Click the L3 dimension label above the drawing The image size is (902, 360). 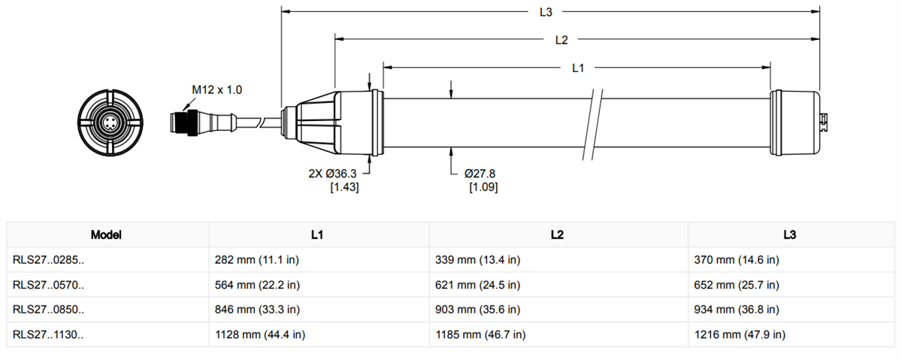click(546, 12)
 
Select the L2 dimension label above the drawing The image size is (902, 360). click(561, 39)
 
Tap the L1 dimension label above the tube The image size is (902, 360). click(578, 68)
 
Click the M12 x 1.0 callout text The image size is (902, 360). click(216, 90)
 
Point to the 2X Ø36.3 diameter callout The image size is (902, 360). click(333, 174)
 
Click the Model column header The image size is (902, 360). click(106, 234)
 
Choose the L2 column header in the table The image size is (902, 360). click(557, 234)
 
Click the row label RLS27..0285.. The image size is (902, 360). click(48, 260)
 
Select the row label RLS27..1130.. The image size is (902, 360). click(48, 334)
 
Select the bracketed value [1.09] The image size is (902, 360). click(483, 186)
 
